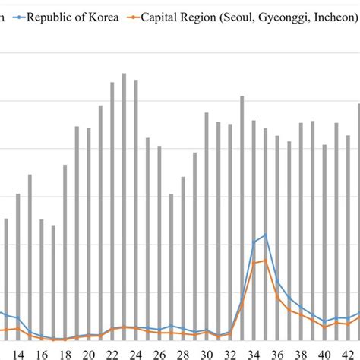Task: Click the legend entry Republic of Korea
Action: (73, 15)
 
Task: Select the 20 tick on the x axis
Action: (88, 353)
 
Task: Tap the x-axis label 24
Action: (135, 353)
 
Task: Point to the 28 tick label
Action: (182, 353)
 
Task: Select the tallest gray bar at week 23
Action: (124, 205)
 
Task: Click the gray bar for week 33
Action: (242, 220)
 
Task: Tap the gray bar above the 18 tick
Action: (65, 251)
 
